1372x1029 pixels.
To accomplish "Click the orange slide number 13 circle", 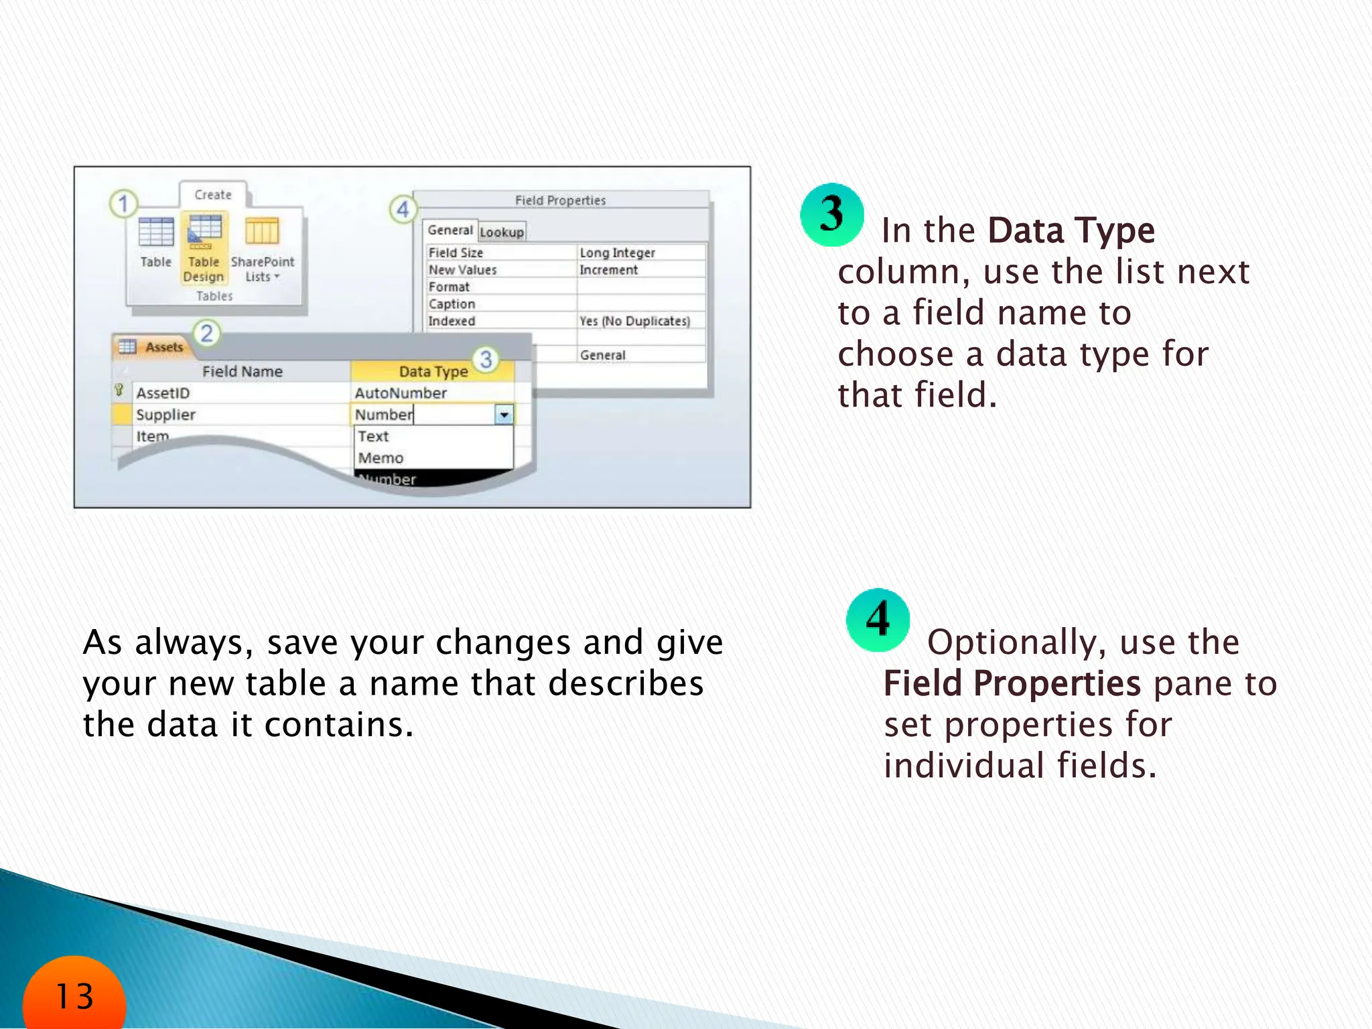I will pyautogui.click(x=74, y=996).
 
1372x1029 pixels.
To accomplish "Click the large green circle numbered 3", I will pyautogui.click(x=831, y=215).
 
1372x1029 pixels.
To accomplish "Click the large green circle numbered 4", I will pyautogui.click(x=878, y=620).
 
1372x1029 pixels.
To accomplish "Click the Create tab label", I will pyautogui.click(x=213, y=195).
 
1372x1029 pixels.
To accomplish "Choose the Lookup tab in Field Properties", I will pyautogui.click(x=502, y=232).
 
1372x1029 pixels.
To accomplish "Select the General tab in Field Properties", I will pyautogui.click(x=450, y=230).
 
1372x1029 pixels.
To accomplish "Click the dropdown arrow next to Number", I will pyautogui.click(x=504, y=415).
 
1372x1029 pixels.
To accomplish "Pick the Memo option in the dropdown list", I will pyautogui.click(x=381, y=458).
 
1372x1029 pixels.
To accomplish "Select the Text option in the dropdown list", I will pyautogui.click(x=373, y=437).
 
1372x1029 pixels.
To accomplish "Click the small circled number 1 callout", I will pyautogui.click(x=123, y=204).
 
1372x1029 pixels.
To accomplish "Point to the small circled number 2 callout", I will pyautogui.click(x=207, y=333).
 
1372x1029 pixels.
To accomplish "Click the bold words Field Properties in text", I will pyautogui.click(x=1012, y=684).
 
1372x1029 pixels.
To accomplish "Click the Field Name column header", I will pyautogui.click(x=242, y=372).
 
